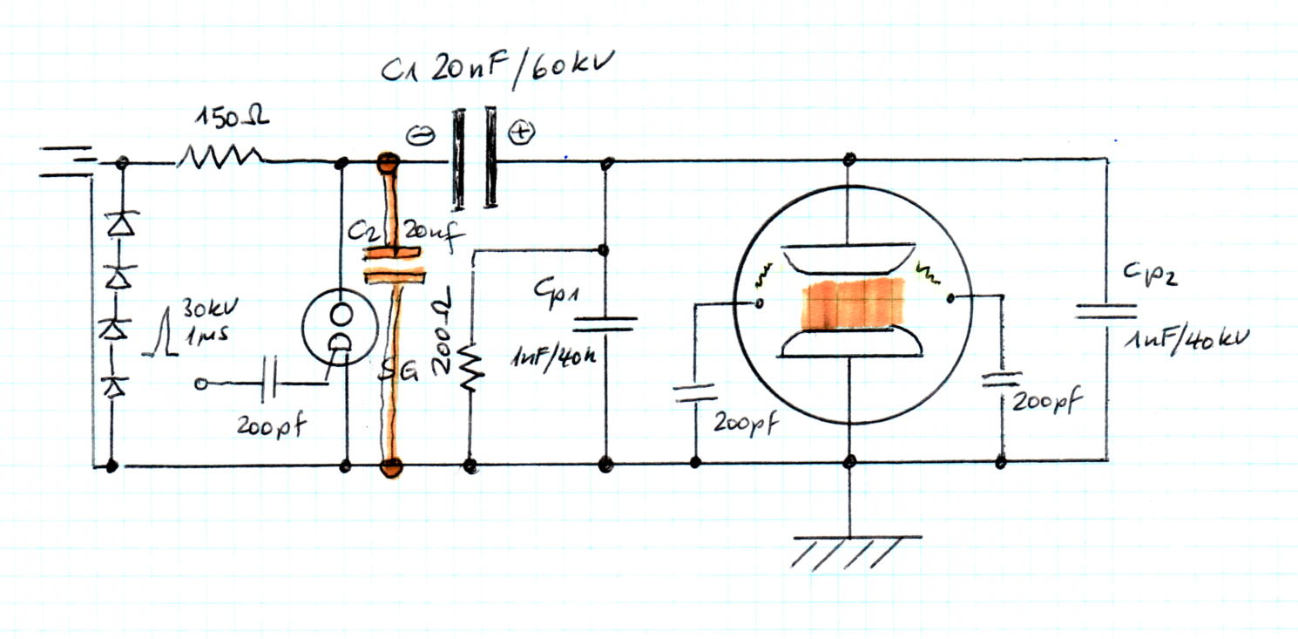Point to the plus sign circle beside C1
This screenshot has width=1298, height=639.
pyautogui.click(x=521, y=133)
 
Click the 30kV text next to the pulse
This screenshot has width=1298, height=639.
pyautogui.click(x=203, y=309)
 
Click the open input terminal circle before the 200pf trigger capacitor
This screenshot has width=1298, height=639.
pyautogui.click(x=204, y=384)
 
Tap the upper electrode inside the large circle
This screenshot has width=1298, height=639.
pyautogui.click(x=848, y=258)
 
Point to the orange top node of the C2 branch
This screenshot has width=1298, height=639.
pyautogui.click(x=386, y=162)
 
